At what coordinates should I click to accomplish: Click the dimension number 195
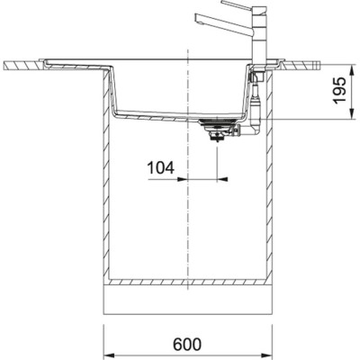point(337,93)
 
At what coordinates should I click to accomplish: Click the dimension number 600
point(185,343)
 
